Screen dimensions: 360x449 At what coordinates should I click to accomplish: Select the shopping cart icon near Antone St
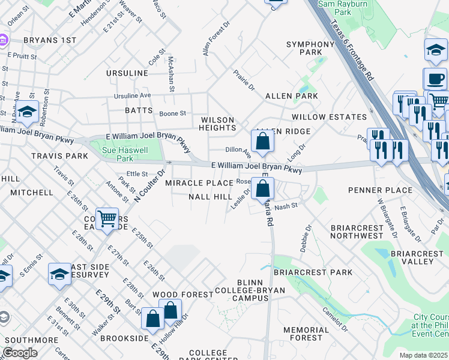(x=107, y=218)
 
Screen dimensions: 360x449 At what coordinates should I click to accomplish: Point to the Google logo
(x=20, y=352)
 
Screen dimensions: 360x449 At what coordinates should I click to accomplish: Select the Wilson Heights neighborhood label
(x=217, y=124)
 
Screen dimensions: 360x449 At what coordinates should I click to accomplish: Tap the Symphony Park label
(x=310, y=49)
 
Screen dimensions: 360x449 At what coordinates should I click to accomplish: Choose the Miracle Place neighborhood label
(x=199, y=182)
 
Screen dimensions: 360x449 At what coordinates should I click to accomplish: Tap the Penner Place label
(x=380, y=190)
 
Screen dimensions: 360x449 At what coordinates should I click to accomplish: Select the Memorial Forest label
(x=306, y=334)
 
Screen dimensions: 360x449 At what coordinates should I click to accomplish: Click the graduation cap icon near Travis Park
(x=27, y=112)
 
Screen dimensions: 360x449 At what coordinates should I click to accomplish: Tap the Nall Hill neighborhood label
(x=210, y=197)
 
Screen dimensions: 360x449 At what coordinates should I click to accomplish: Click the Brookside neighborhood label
(x=124, y=338)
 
